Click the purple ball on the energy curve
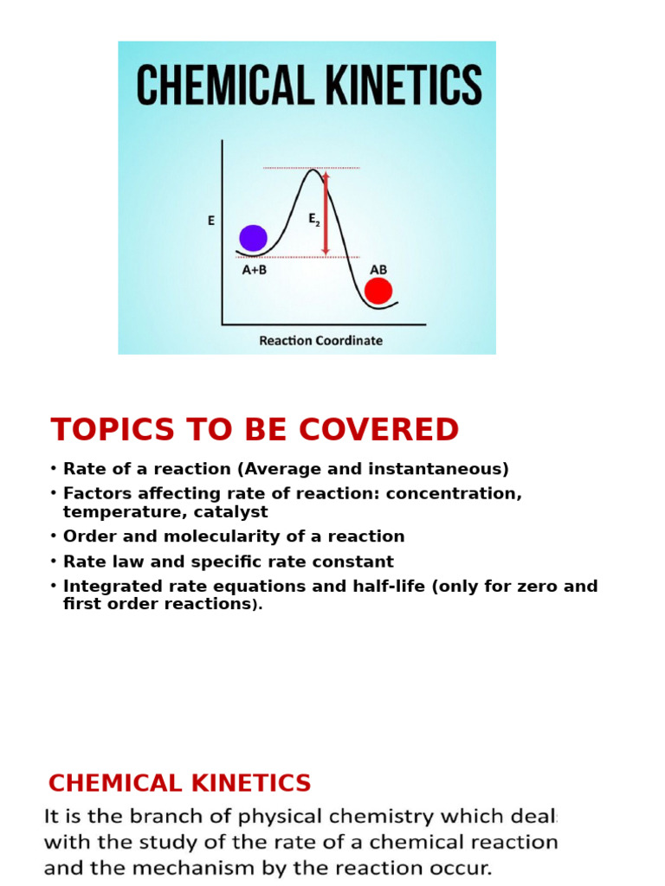(x=253, y=238)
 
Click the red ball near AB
(x=378, y=291)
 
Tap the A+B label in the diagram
(x=254, y=270)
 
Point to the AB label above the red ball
(x=378, y=270)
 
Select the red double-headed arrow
(x=326, y=213)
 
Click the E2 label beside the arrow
(x=313, y=220)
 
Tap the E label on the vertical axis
(x=210, y=221)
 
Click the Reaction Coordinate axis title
(x=320, y=341)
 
